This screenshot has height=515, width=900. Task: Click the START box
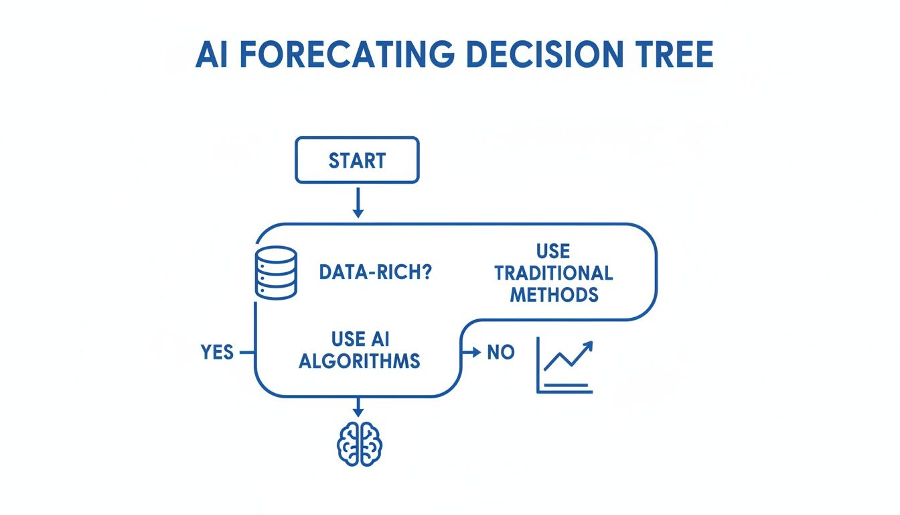[357, 160]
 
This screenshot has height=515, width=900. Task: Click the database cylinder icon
[276, 272]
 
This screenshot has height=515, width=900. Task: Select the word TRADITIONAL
[553, 273]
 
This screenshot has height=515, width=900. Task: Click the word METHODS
[554, 294]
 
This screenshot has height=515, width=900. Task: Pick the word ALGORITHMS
[359, 361]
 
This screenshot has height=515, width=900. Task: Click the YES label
[217, 352]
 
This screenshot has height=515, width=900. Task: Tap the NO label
[500, 352]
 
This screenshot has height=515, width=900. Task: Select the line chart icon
[565, 365]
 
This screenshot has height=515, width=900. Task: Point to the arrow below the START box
[358, 203]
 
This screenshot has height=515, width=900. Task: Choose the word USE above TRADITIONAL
[553, 251]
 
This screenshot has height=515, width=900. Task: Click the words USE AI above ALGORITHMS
[359, 339]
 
